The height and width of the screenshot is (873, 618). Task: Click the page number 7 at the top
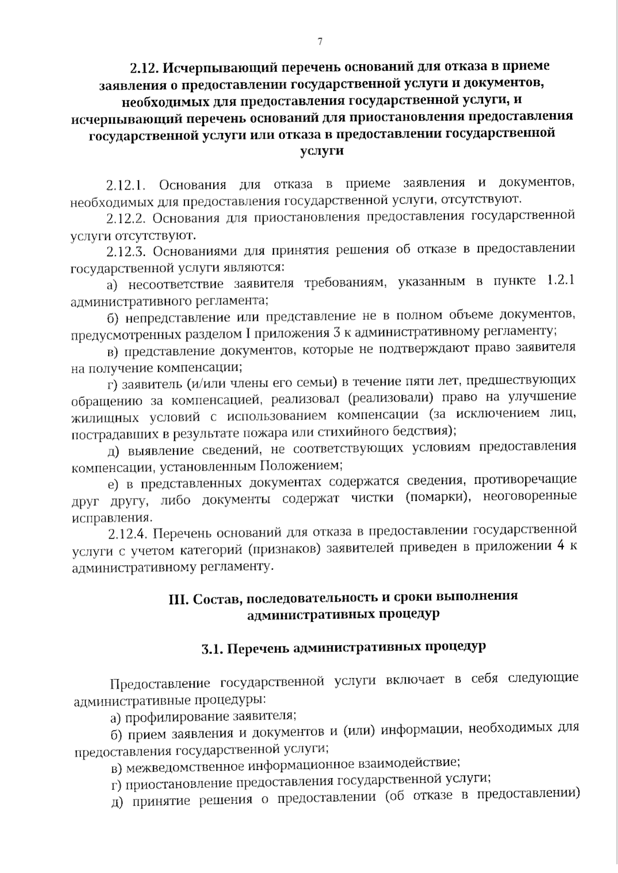tap(320, 42)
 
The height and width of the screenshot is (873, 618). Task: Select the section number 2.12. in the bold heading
tap(146, 67)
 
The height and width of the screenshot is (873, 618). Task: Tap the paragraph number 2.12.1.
tap(127, 184)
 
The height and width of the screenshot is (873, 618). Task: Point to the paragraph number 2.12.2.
tap(127, 217)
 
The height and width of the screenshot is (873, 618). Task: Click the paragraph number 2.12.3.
tap(127, 251)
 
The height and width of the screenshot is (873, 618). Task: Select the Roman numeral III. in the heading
tap(178, 599)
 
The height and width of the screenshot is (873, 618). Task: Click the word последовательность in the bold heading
tap(303, 598)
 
